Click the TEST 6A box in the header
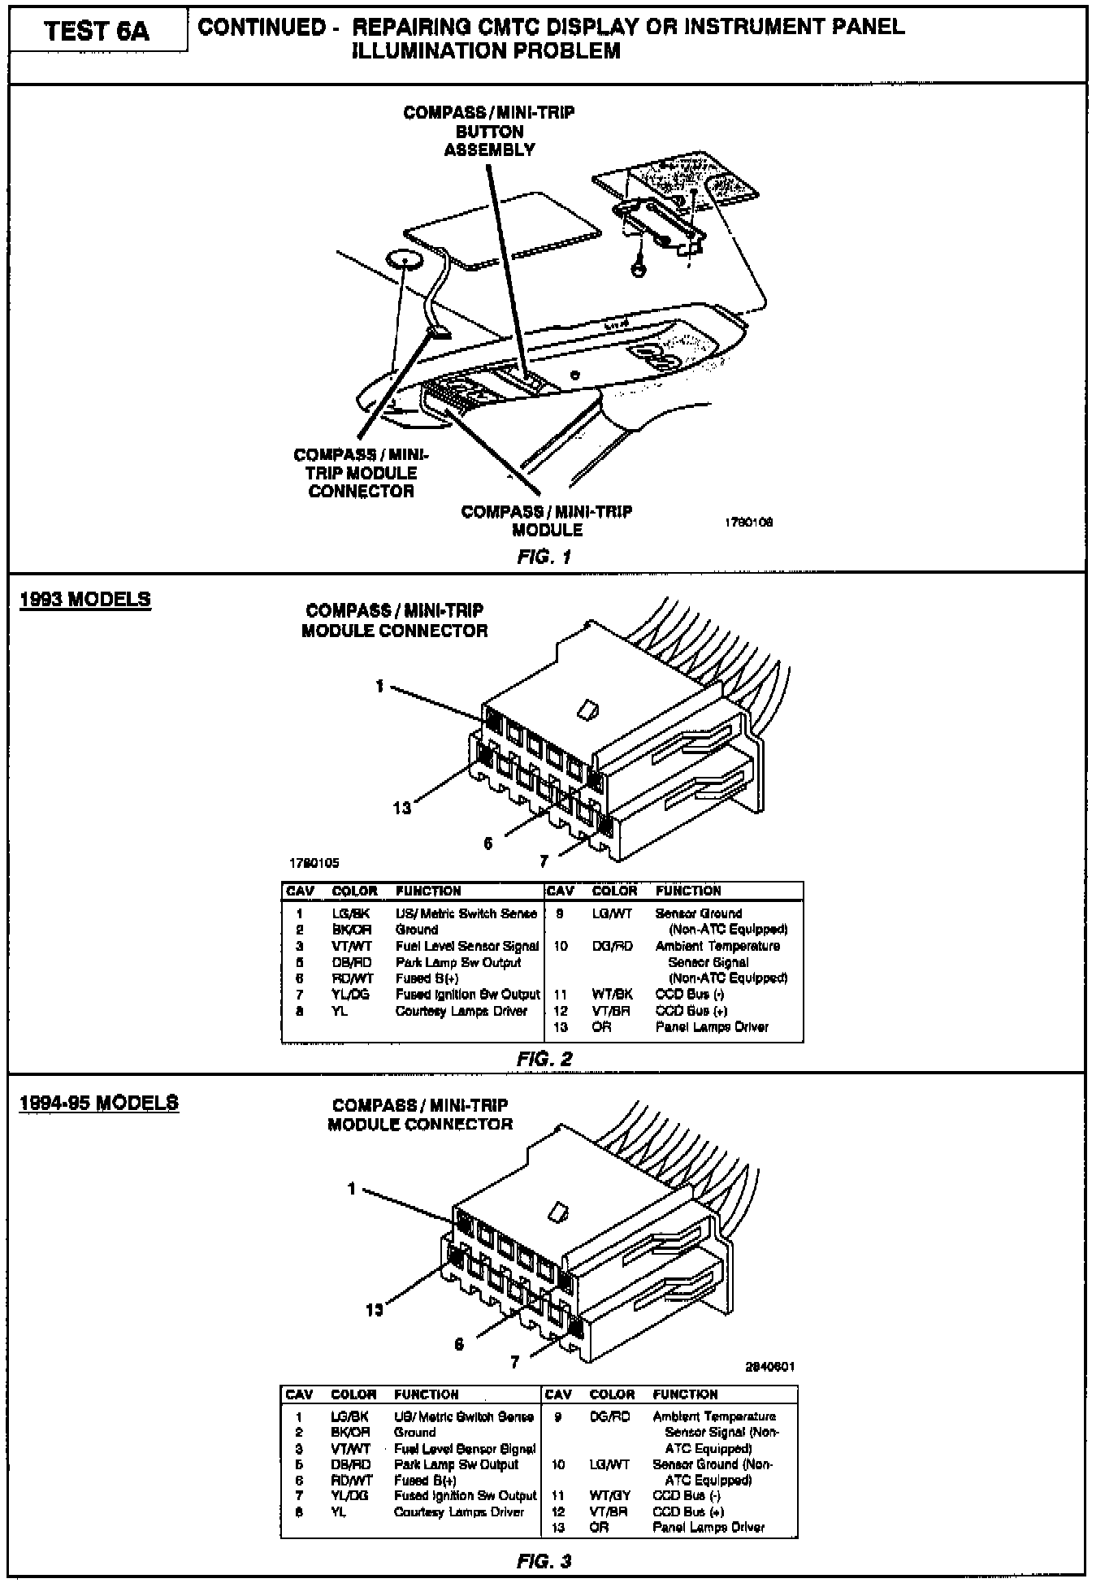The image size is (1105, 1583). pos(97,32)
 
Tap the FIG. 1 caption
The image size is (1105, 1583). pos(544,557)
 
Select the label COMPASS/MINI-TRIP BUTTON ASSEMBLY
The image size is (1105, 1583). pos(489,131)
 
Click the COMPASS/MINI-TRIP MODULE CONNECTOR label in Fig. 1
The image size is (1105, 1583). pos(362,473)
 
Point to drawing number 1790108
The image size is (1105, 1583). pos(748,523)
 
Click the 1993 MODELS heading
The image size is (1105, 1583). pos(84,600)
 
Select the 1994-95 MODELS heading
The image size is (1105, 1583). pos(98,1103)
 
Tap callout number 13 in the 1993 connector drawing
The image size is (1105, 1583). pos(402,808)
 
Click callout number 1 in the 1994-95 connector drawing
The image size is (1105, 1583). pos(352,1189)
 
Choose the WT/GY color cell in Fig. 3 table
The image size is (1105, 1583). pos(610,1495)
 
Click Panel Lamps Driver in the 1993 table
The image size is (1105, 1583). pos(712,1027)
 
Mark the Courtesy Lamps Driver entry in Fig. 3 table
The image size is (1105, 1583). pos(459,1512)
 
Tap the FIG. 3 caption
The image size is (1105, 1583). pos(544,1561)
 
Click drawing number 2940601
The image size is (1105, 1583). pos(769,1366)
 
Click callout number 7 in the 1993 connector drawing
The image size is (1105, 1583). pos(544,861)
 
